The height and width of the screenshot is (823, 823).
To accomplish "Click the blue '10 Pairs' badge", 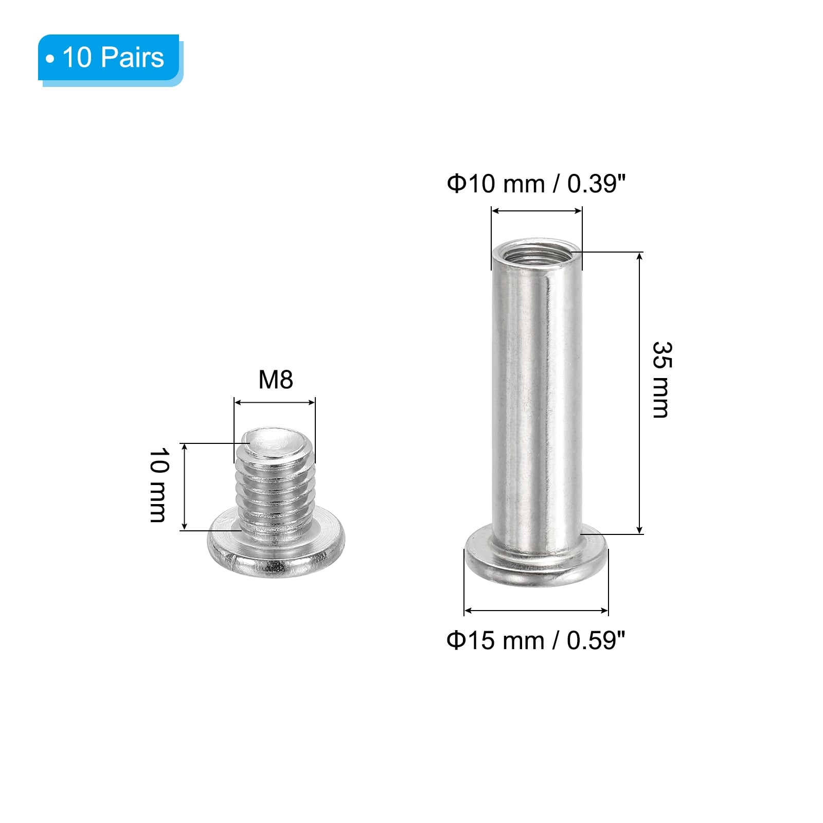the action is [x=110, y=59].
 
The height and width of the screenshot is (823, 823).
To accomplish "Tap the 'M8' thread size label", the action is [x=276, y=380].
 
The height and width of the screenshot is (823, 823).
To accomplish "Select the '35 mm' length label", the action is [x=661, y=380].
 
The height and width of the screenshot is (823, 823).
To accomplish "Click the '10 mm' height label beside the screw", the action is [x=158, y=485].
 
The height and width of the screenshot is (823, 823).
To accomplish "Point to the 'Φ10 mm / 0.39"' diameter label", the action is [x=536, y=184].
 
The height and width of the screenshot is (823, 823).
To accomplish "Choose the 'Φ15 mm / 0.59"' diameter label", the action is [x=536, y=641].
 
